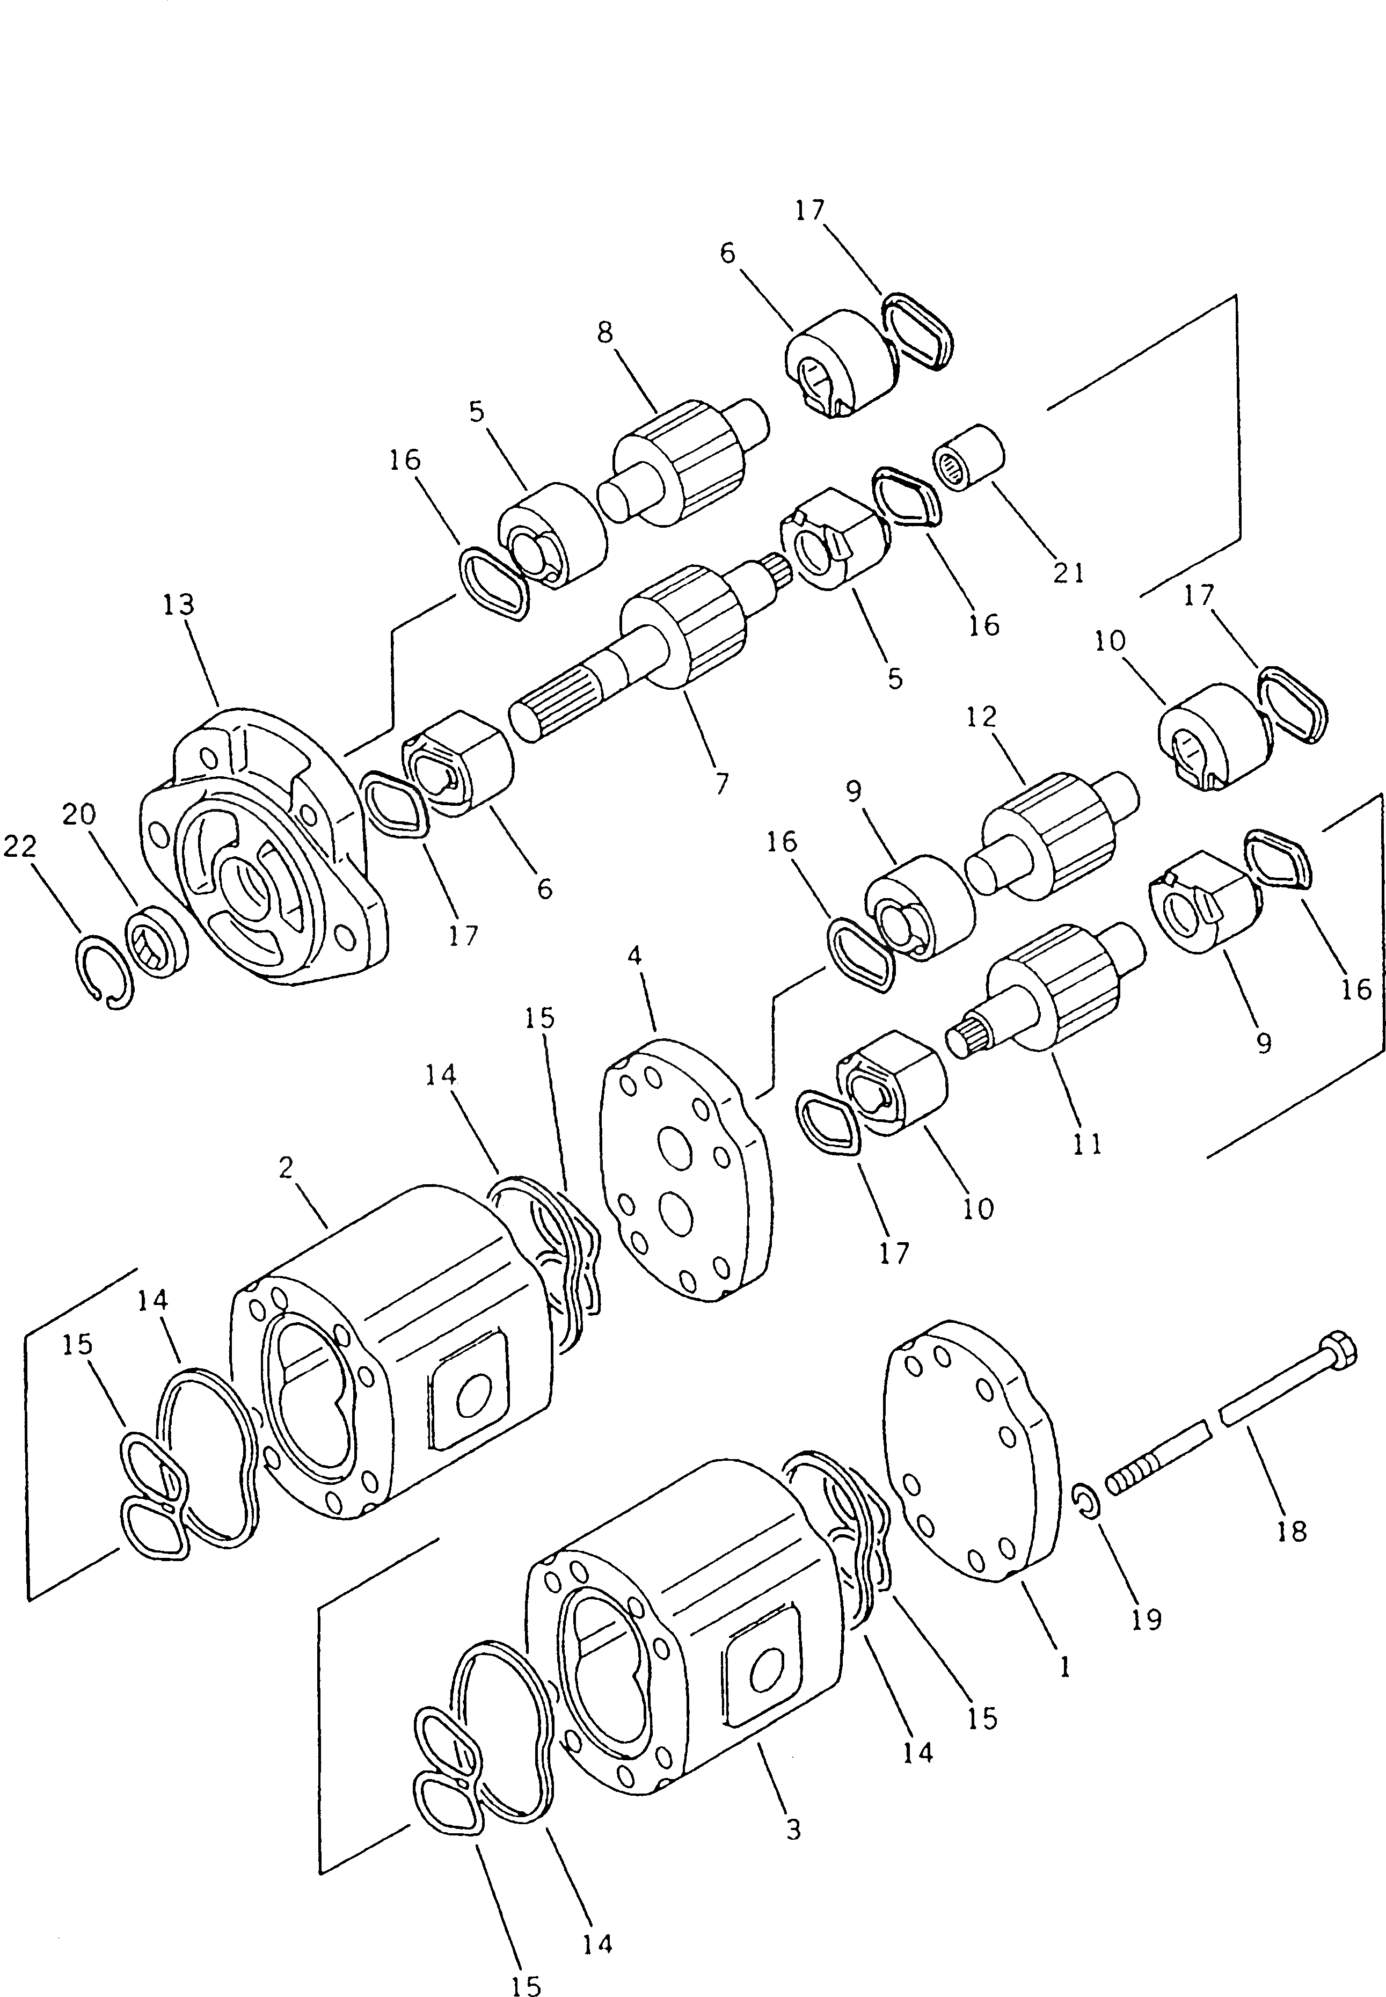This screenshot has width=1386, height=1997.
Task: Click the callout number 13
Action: coord(179,604)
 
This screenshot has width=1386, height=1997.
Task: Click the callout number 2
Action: coord(287,1168)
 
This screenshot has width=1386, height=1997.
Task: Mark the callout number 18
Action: coord(1292,1532)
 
